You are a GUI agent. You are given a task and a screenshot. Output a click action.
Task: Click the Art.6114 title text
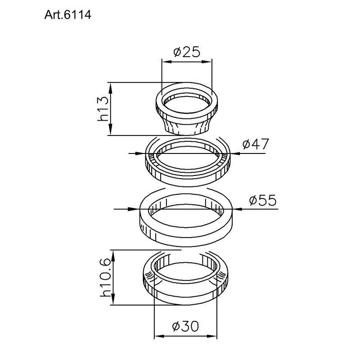click(68, 15)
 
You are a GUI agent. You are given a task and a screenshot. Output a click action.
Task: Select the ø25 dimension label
click(187, 52)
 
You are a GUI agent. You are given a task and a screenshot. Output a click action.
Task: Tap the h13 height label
click(103, 109)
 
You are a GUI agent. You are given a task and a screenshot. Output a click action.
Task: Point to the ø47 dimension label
click(255, 144)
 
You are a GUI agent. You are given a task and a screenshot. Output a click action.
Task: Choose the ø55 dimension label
click(263, 200)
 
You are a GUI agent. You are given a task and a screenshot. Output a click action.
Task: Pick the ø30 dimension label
click(185, 326)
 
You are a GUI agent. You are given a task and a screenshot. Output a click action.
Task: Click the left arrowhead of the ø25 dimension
click(166, 62)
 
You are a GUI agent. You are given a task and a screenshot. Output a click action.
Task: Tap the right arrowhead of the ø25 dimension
click(207, 62)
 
